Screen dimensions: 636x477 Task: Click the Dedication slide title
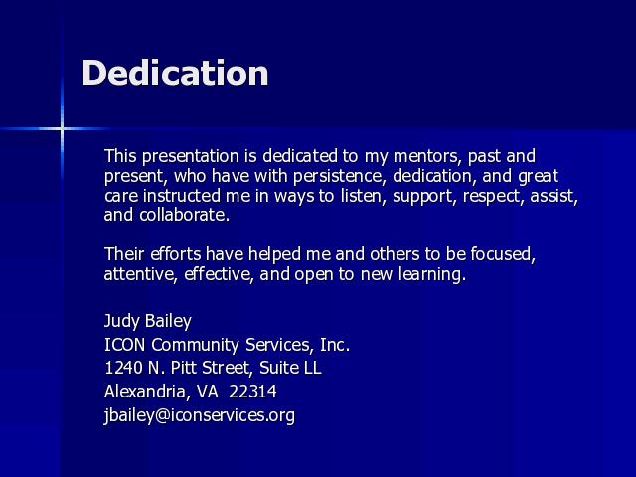(x=175, y=73)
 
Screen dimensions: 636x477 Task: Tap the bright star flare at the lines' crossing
(x=62, y=129)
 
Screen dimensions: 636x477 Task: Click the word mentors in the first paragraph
(x=427, y=156)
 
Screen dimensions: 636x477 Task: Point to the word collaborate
(x=184, y=215)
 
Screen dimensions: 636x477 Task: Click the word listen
(x=363, y=196)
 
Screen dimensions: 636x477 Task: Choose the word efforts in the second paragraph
(x=176, y=254)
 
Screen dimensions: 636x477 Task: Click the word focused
(x=503, y=254)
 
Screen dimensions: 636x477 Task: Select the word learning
(x=432, y=275)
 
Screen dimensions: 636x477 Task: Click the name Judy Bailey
(x=148, y=321)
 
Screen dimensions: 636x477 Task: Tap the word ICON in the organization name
(x=125, y=345)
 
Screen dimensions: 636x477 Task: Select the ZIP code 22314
(x=252, y=392)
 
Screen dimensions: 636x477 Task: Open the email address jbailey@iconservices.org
(x=200, y=415)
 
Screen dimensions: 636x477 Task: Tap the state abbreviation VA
(x=208, y=392)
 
